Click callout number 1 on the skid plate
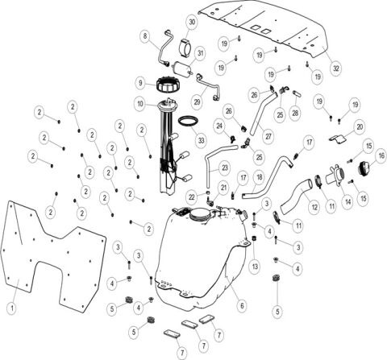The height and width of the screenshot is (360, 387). click(x=12, y=307)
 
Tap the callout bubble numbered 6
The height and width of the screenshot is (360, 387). click(x=241, y=305)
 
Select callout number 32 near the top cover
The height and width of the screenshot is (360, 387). click(x=336, y=68)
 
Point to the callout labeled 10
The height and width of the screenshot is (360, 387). click(x=140, y=104)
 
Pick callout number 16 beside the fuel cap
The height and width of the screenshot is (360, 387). click(x=381, y=155)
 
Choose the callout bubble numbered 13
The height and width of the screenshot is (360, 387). click(x=254, y=266)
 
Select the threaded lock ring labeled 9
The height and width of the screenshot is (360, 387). click(x=171, y=82)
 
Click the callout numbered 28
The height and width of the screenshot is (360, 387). click(x=295, y=112)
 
